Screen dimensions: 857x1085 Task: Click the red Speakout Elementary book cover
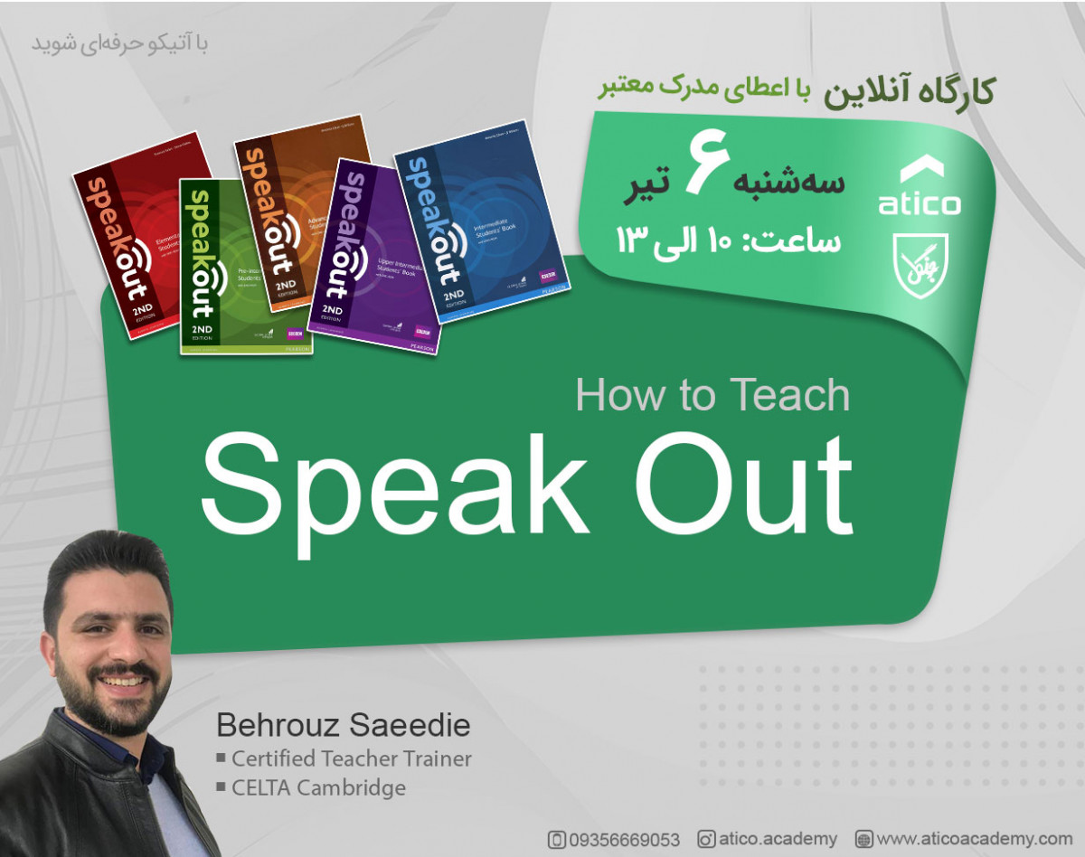pyautogui.click(x=127, y=226)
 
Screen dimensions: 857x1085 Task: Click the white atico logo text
pyautogui.click(x=920, y=202)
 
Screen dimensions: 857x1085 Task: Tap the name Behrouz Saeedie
pyautogui.click(x=343, y=726)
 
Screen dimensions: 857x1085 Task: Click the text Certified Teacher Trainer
pyautogui.click(x=351, y=758)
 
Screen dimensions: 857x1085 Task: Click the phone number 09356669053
pyautogui.click(x=624, y=840)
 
